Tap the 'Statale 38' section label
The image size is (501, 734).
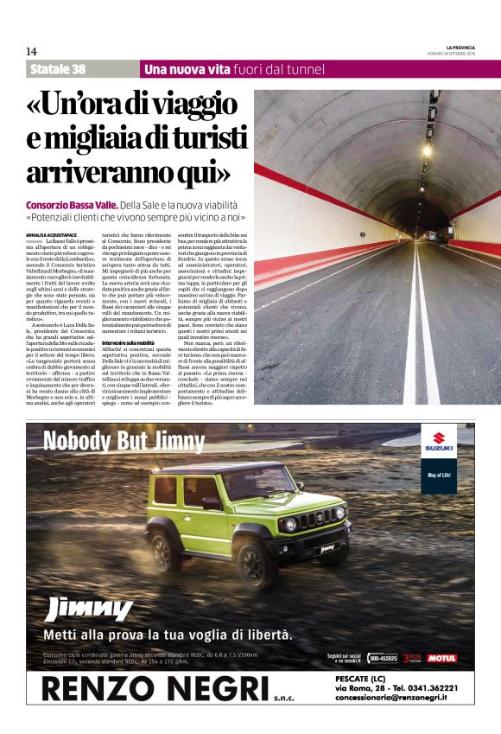pyautogui.click(x=57, y=69)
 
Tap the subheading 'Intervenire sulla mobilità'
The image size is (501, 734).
pyautogui.click(x=128, y=343)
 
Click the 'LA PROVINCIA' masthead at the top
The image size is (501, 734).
pyautogui.click(x=460, y=47)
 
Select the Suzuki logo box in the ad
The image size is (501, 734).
pyautogui.click(x=438, y=444)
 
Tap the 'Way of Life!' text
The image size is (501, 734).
pyautogui.click(x=438, y=476)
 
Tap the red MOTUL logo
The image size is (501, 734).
pyautogui.click(x=441, y=659)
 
